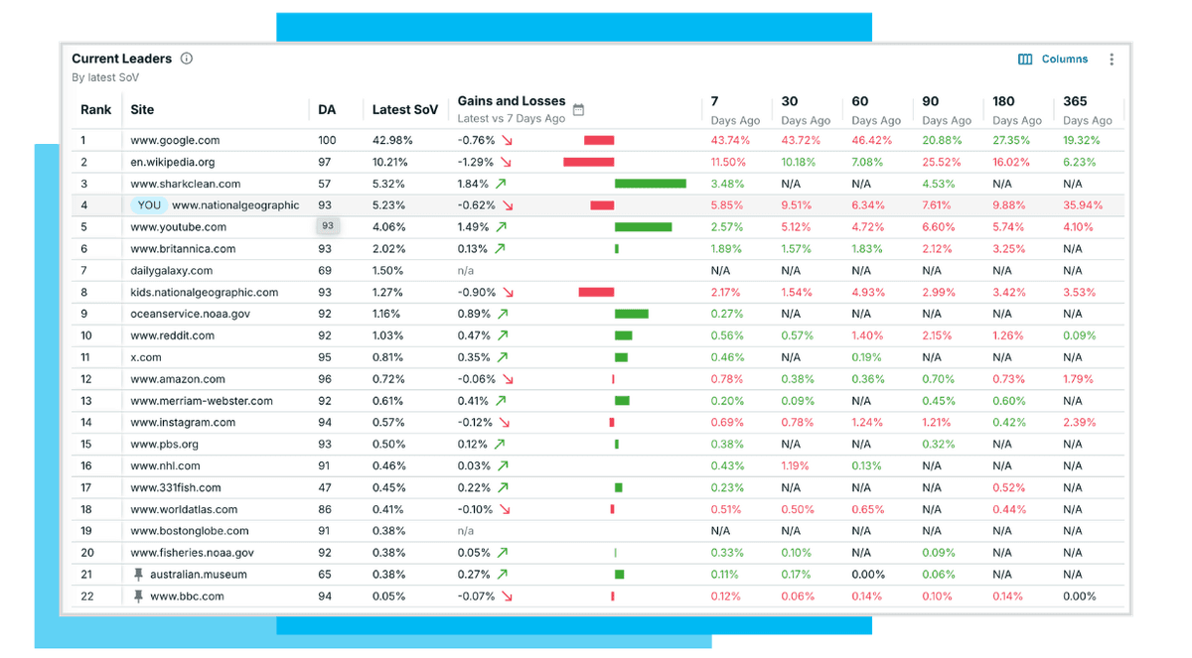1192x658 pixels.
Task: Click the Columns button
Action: click(1054, 60)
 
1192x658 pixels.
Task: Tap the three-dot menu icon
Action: click(1112, 60)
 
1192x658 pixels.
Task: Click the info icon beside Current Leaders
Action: click(187, 59)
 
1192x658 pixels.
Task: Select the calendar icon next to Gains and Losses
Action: click(579, 109)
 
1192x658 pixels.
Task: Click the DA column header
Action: click(327, 109)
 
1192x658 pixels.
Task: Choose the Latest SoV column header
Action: click(404, 109)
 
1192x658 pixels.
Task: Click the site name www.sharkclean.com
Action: click(185, 184)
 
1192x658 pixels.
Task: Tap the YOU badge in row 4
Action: click(149, 205)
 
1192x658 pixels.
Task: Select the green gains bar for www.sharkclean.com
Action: click(650, 184)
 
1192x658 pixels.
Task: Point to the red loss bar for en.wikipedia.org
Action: click(588, 162)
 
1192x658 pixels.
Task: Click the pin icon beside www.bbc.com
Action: click(139, 596)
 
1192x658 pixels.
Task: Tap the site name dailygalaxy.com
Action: click(171, 270)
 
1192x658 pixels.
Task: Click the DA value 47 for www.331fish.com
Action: click(325, 487)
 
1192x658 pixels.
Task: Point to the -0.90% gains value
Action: click(476, 292)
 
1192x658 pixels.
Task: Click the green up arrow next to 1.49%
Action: click(502, 227)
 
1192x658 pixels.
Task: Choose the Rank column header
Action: click(96, 109)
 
